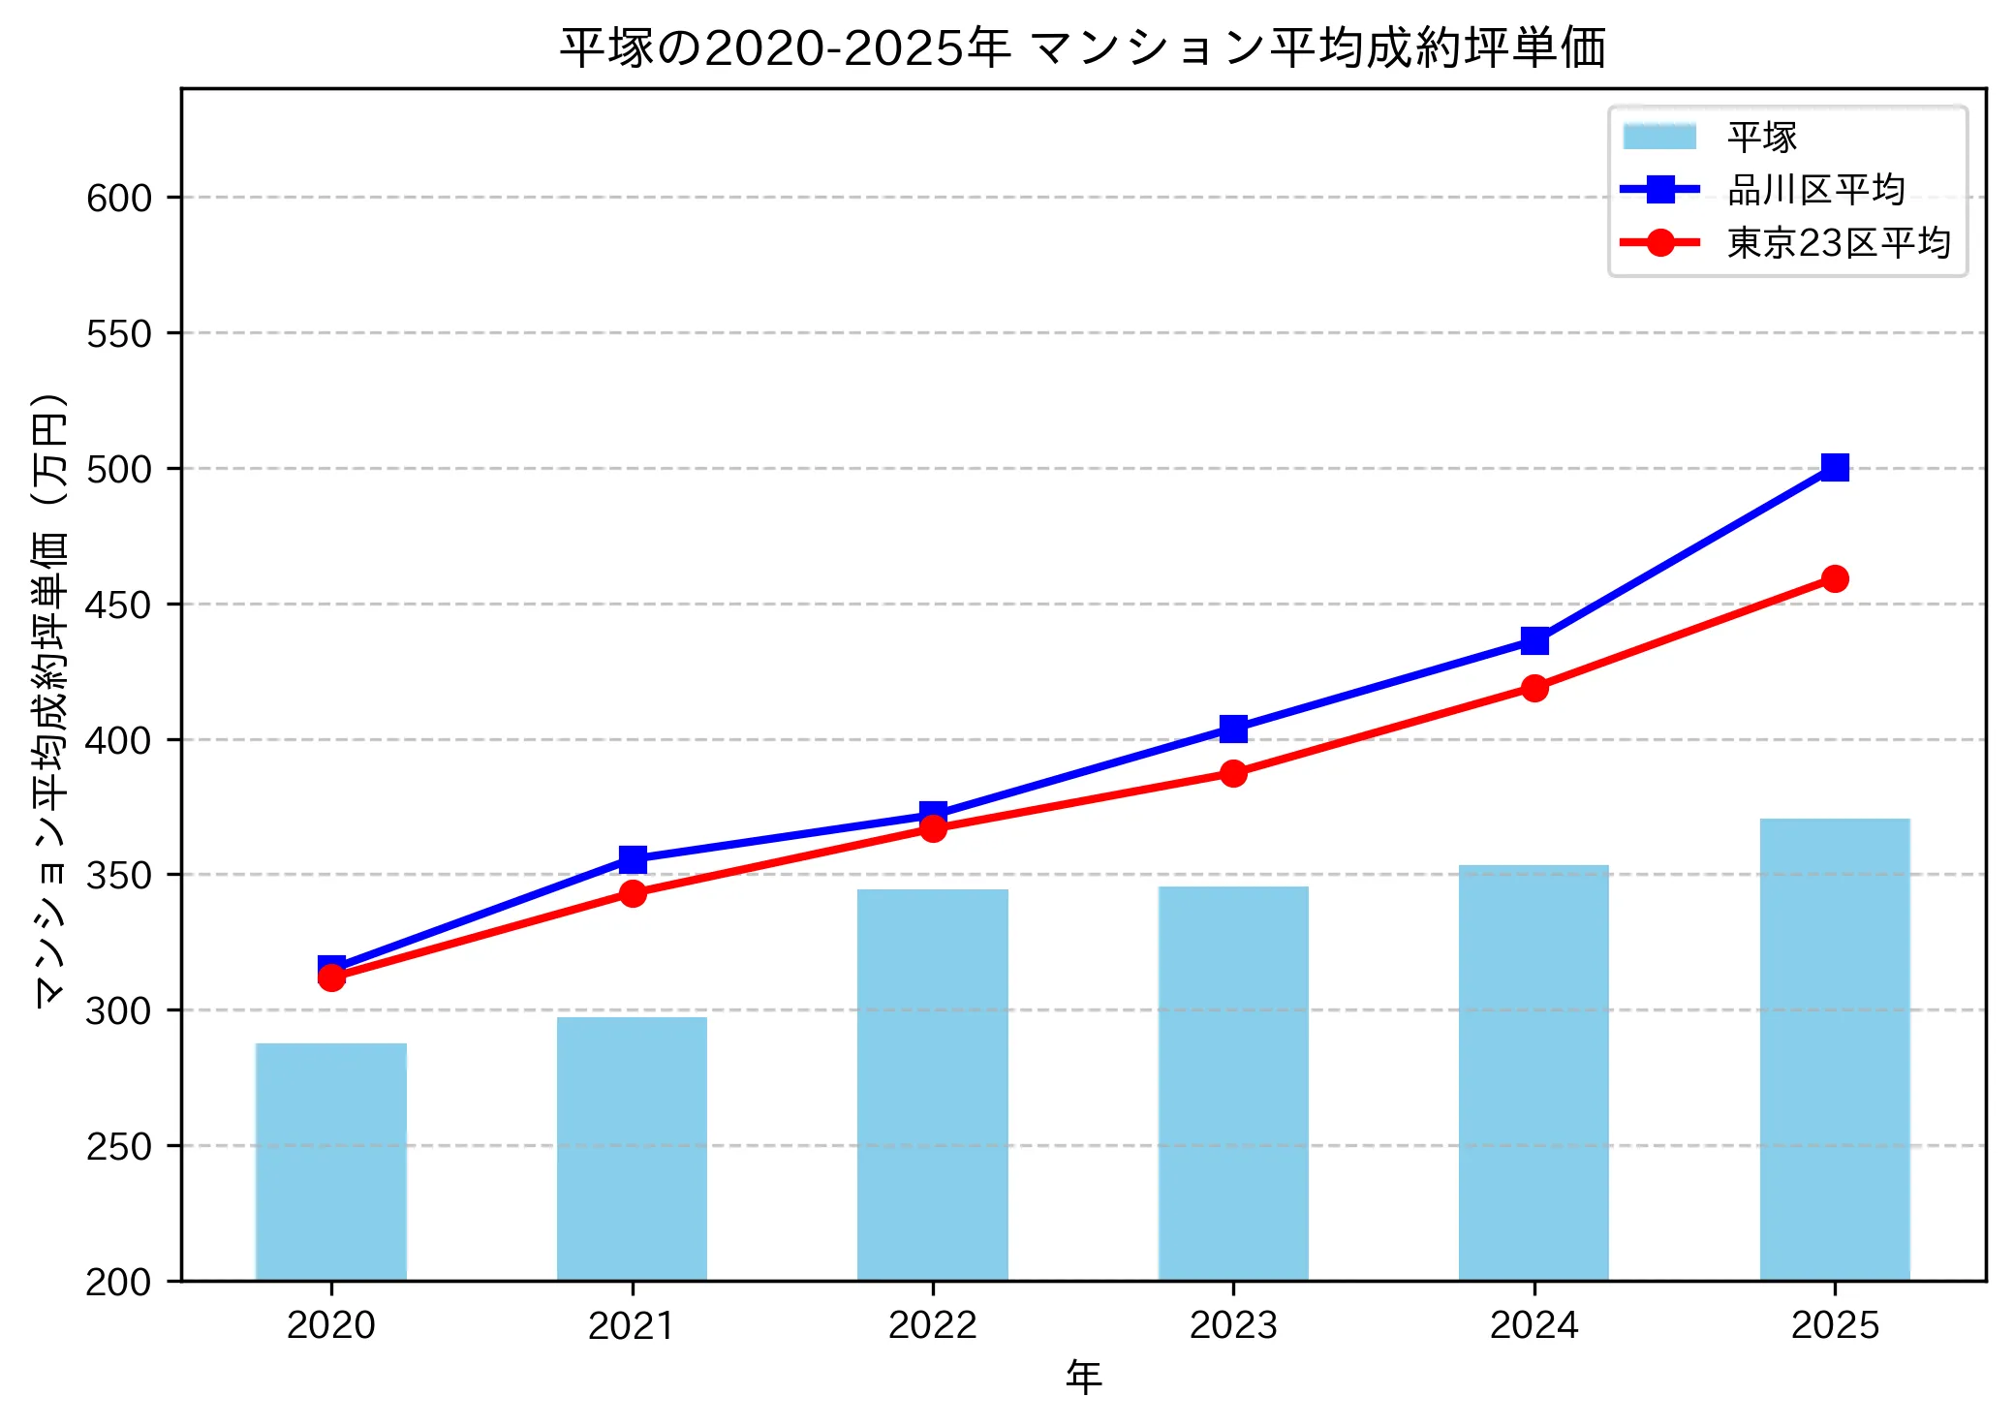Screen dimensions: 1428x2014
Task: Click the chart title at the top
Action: point(1082,48)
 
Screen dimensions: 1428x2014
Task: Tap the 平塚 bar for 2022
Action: point(932,1084)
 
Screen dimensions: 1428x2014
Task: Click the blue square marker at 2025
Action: point(1834,468)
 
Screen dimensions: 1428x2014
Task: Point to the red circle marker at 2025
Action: point(1834,578)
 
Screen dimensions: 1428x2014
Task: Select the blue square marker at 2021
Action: point(632,859)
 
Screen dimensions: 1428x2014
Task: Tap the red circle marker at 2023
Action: point(1232,773)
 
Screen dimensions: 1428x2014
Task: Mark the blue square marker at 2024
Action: point(1534,640)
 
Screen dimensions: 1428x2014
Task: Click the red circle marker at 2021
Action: point(632,893)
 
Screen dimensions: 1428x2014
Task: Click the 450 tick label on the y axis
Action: point(119,605)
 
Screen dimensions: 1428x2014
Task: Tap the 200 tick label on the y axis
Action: point(119,1282)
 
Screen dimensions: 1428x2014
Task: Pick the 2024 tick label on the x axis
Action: point(1534,1324)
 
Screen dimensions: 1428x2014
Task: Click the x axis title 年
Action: point(1083,1378)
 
